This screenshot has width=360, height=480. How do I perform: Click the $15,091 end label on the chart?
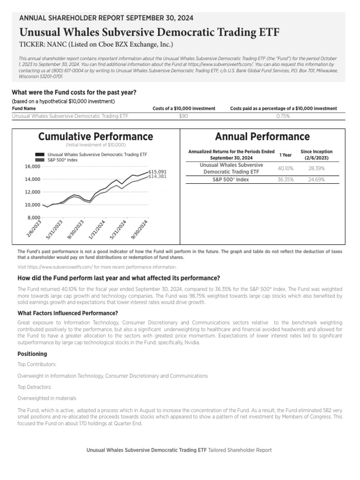click(157, 172)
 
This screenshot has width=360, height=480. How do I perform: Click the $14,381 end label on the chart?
click(157, 177)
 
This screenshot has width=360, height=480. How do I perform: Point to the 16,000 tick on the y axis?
click(32, 166)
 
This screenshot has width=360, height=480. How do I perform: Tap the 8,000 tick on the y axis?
click(34, 217)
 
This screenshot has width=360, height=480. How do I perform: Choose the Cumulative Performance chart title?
click(96, 136)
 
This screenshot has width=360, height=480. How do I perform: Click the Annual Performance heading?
click(262, 136)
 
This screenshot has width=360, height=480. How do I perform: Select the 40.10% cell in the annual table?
click(285, 168)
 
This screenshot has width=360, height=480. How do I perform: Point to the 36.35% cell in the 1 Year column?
click(285, 179)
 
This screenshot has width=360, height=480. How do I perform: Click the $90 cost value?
click(184, 116)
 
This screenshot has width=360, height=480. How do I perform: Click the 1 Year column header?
click(285, 155)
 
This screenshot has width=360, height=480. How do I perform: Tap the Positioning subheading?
click(32, 354)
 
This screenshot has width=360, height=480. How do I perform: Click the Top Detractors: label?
click(35, 387)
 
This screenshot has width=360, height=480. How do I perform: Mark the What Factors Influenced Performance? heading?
click(67, 313)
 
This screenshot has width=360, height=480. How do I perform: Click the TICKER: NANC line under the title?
click(96, 45)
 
